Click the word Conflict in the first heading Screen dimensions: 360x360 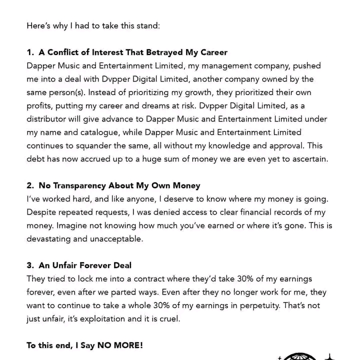click(64, 52)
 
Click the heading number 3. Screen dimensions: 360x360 click(30, 265)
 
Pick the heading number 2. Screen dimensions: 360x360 click(30, 185)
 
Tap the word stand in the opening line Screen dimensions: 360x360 click(146, 25)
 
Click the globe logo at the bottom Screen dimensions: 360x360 click(299, 355)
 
